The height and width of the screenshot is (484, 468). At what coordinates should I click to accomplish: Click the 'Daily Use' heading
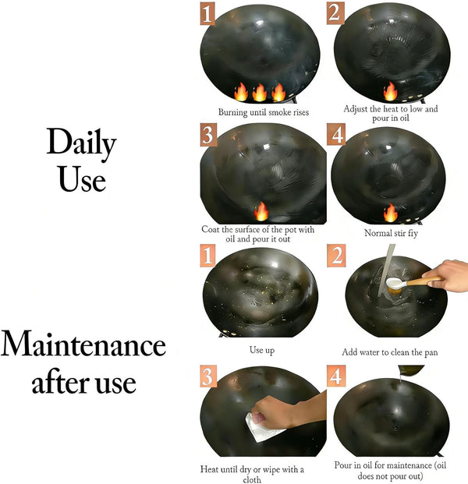tap(82, 160)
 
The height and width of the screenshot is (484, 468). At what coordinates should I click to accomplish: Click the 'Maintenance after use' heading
tap(83, 362)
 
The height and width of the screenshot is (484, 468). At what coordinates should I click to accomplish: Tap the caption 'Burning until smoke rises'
tap(264, 112)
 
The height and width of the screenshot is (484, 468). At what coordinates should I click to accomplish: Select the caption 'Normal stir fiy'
tap(391, 233)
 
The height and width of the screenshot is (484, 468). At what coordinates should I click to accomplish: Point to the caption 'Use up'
tap(262, 351)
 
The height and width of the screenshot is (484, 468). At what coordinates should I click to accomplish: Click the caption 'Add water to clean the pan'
tap(390, 352)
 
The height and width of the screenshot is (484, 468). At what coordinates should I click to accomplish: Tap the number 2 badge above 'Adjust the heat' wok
tap(335, 13)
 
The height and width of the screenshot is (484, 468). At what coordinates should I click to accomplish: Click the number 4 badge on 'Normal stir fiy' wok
tap(336, 135)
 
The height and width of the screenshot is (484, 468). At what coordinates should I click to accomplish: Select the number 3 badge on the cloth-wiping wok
tap(208, 376)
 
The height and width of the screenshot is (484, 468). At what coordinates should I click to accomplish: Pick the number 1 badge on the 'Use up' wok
tap(207, 255)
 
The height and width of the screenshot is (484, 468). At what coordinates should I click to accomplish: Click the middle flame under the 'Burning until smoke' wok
tap(260, 92)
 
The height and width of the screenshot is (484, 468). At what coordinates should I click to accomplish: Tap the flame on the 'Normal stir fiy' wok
tap(391, 212)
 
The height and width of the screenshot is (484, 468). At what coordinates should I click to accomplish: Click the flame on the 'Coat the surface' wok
tap(261, 211)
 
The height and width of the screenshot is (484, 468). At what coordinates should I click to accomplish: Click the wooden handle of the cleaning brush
tap(425, 281)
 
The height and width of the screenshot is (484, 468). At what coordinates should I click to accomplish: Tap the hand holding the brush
tap(447, 275)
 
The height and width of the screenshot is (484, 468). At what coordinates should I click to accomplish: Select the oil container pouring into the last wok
tap(411, 369)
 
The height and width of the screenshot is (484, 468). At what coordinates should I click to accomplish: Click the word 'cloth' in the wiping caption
tap(252, 479)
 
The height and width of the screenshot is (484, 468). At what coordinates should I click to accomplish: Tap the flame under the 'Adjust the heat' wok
tap(390, 91)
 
